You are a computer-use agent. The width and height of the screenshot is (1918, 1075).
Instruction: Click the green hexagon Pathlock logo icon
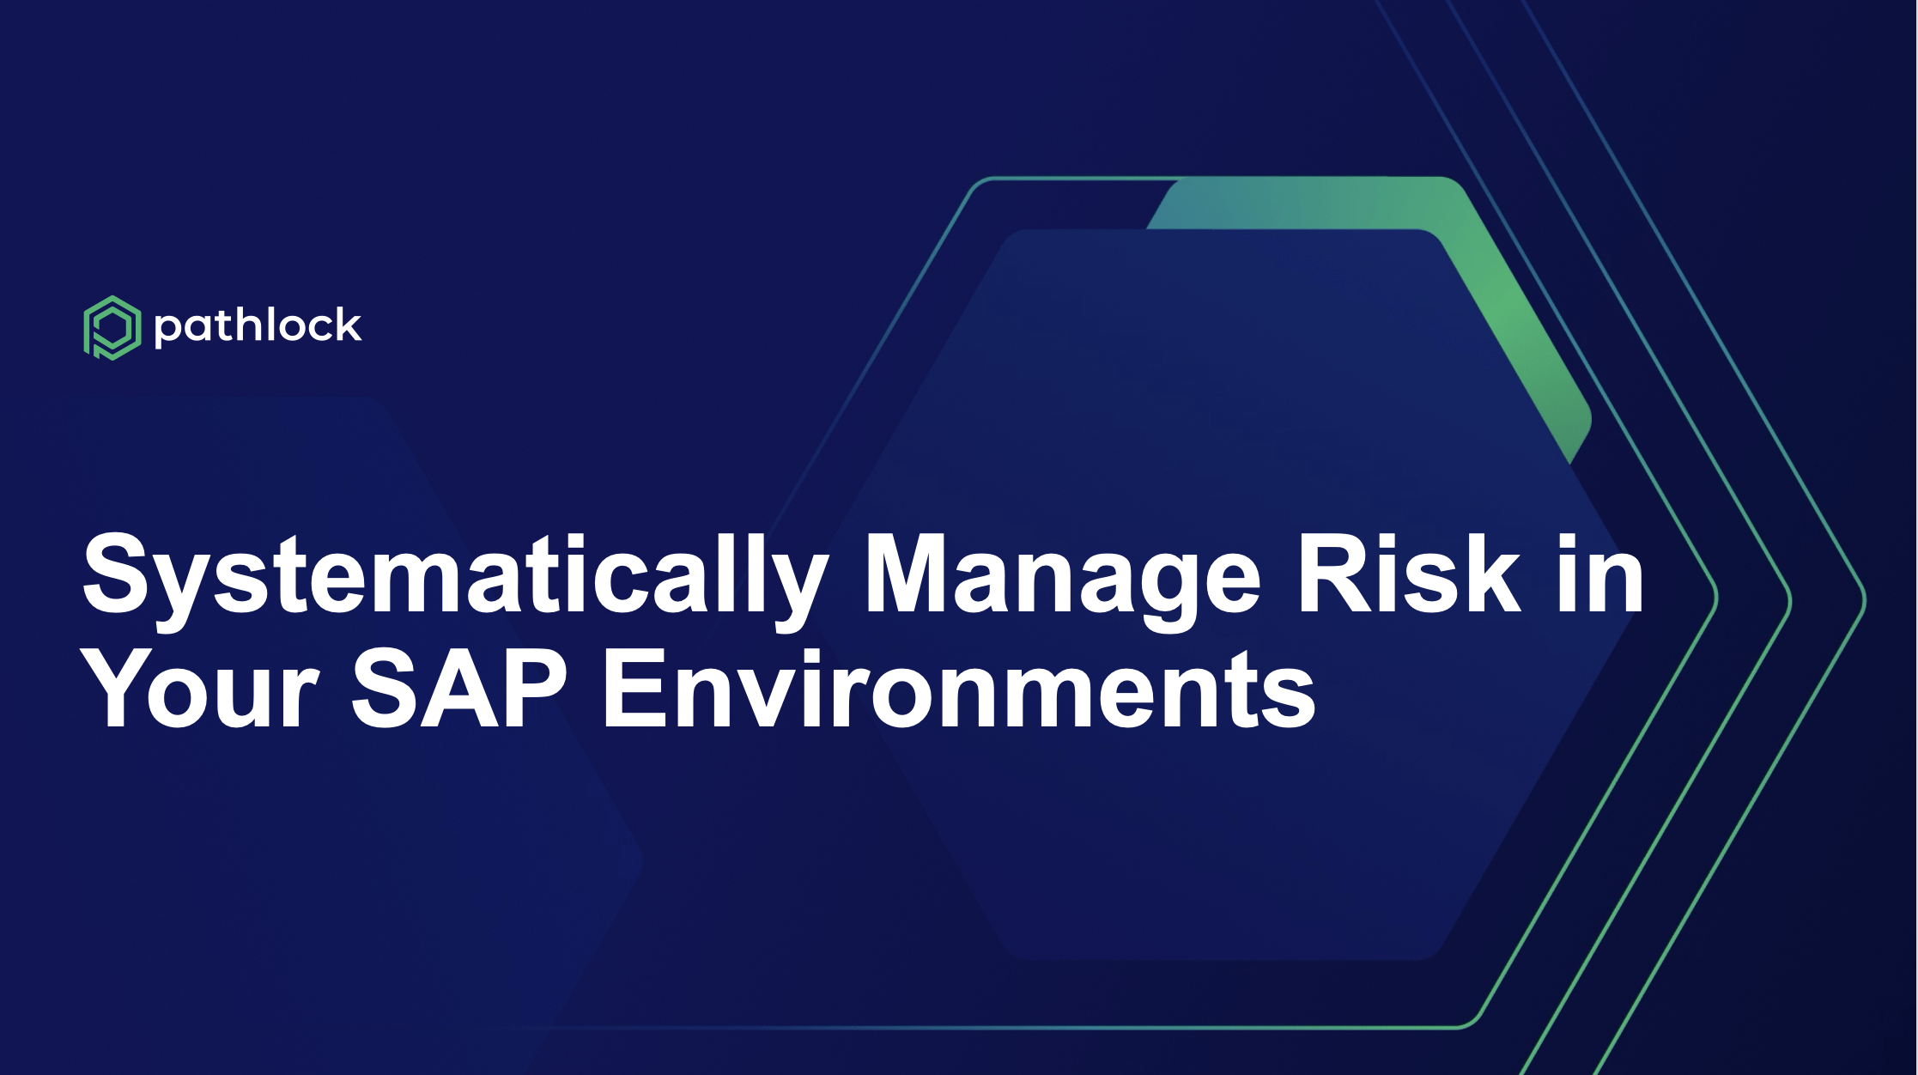(x=112, y=327)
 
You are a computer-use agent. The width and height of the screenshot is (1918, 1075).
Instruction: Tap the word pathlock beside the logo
(x=258, y=327)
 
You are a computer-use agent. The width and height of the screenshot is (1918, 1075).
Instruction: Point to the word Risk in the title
(x=1409, y=574)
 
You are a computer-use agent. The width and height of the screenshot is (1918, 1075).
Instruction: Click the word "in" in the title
(x=1601, y=574)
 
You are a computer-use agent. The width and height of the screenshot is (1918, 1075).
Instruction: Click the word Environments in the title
(x=960, y=689)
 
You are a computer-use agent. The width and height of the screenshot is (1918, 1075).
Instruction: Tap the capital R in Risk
(x=1338, y=574)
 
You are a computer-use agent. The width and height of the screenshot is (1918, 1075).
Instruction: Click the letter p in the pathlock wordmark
(x=167, y=331)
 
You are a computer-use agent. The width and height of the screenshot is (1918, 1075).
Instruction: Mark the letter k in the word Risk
(x=1490, y=574)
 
